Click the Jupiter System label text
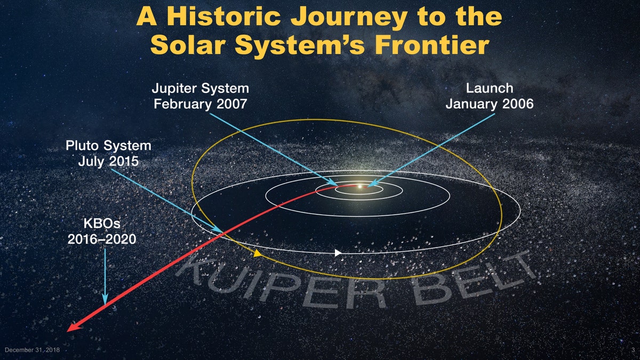point(201,89)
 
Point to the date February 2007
point(201,103)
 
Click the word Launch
point(490,88)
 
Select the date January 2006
point(490,103)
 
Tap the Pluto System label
point(109,146)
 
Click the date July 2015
point(109,161)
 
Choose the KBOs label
point(102,223)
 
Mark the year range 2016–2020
point(102,239)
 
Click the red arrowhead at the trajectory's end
point(74,327)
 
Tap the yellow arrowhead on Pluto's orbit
point(257,253)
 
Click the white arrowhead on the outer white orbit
point(338,253)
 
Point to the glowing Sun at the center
point(360,187)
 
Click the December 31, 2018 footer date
point(33,350)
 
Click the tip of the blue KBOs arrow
point(105,305)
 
